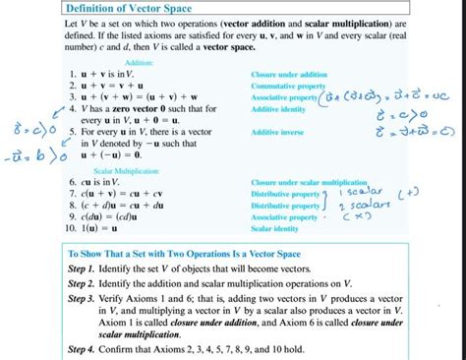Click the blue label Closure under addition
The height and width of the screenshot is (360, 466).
point(287,75)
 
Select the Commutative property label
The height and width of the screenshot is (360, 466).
point(287,86)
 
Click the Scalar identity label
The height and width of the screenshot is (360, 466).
point(274,228)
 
